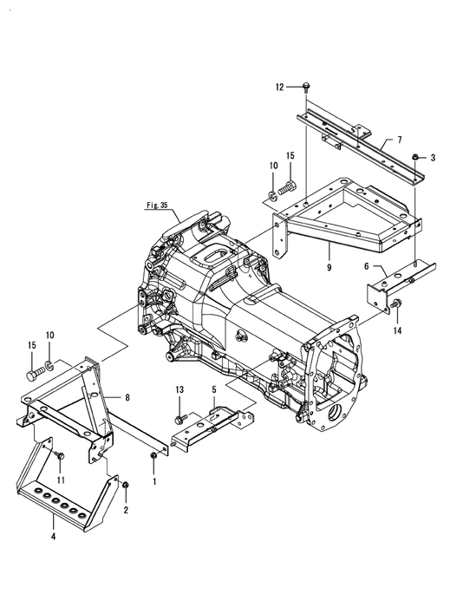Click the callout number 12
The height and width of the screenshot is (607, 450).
pos(279,87)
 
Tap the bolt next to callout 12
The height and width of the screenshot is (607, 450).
pos(306,87)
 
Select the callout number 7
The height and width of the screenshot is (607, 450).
pos(400,140)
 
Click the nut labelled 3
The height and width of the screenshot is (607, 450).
pos(414,157)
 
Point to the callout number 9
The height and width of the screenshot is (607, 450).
pos(329,267)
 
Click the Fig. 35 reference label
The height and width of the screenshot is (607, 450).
pos(157,206)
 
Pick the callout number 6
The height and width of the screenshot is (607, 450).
pos(366,267)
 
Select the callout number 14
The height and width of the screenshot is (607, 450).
pos(397,330)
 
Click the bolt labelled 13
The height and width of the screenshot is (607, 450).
pos(181,418)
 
